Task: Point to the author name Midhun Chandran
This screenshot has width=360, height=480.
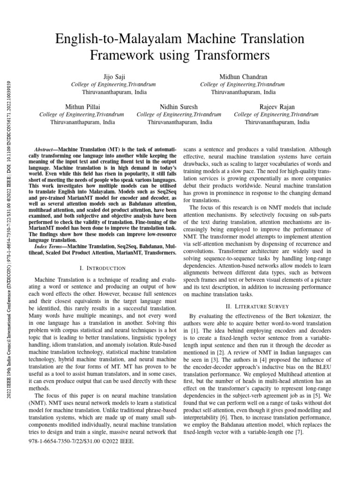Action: (243, 76)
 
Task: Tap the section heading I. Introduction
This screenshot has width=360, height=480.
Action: (103, 268)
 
